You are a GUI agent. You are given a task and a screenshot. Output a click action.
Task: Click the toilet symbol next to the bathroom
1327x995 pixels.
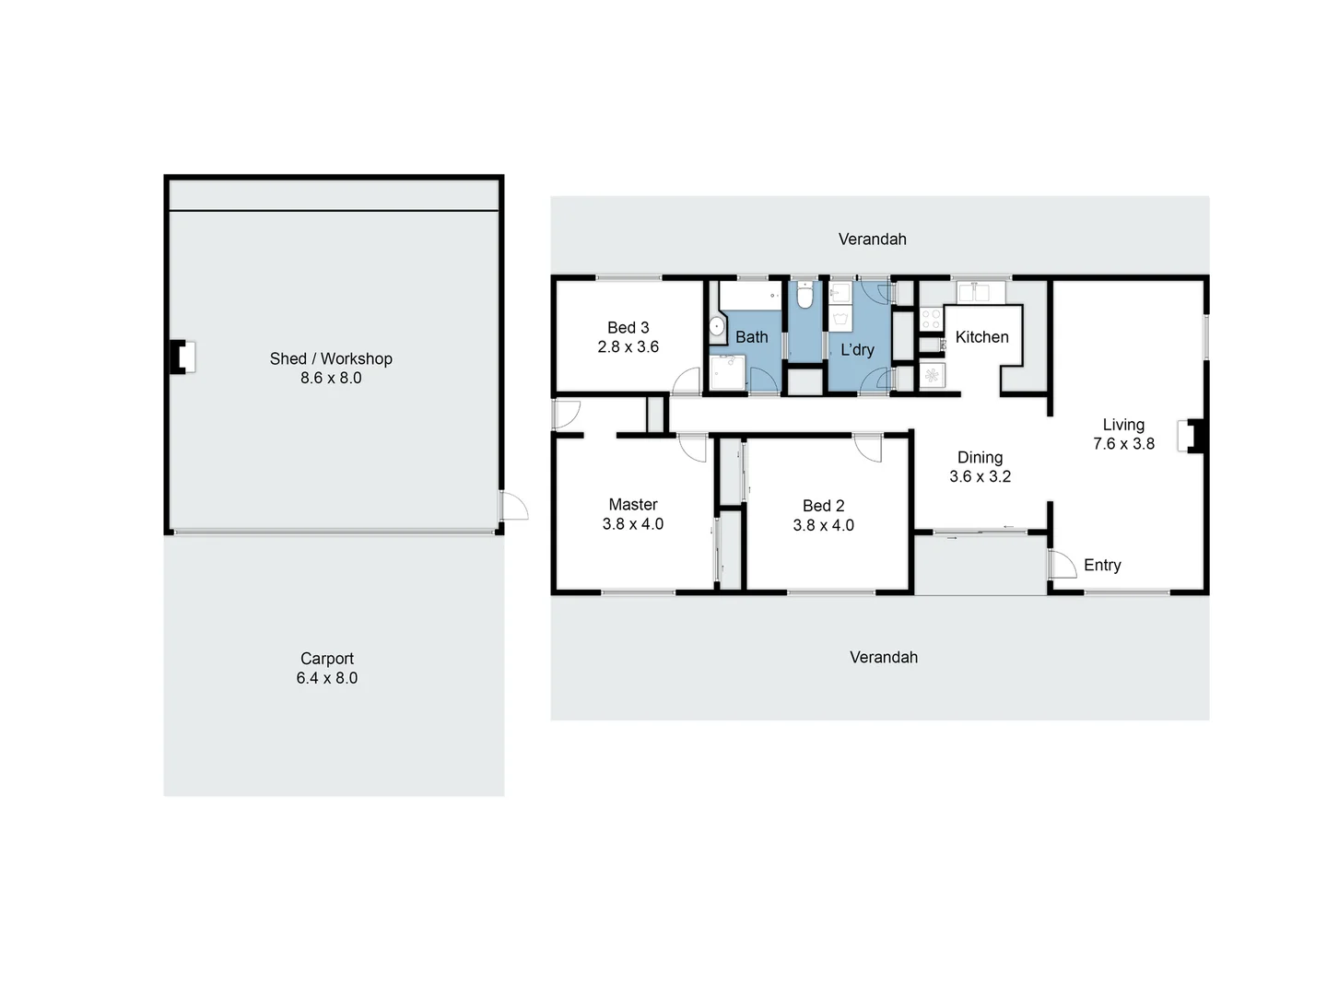(804, 297)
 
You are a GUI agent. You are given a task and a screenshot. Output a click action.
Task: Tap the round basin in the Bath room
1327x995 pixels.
(716, 326)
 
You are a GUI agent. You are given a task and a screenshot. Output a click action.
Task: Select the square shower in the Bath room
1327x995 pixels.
(728, 374)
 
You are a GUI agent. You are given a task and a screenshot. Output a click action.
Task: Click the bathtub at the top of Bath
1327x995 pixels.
(750, 296)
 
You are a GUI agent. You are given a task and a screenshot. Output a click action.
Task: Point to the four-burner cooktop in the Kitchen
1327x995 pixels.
(931, 320)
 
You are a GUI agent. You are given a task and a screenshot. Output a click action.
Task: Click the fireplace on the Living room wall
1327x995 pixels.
(1192, 436)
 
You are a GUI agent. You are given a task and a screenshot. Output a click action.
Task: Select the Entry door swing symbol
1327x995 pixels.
(1061, 564)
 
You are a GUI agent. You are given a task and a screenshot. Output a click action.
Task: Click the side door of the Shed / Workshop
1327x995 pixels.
(513, 507)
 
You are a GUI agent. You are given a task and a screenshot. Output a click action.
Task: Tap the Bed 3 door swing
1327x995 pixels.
(687, 380)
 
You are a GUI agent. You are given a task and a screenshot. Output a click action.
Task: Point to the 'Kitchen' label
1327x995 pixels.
(981, 337)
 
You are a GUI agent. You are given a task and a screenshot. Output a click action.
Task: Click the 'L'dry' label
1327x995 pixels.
(857, 350)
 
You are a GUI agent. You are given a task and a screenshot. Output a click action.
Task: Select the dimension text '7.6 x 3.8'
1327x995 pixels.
(1123, 444)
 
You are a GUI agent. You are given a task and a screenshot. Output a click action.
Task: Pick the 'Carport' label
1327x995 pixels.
(327, 659)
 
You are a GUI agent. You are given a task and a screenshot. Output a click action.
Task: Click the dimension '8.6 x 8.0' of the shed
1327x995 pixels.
(331, 378)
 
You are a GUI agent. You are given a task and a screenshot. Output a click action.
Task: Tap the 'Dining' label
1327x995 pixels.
(980, 458)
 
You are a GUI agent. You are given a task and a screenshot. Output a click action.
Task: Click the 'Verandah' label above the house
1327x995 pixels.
(872, 240)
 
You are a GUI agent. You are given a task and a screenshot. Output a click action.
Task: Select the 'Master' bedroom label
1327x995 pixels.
(633, 505)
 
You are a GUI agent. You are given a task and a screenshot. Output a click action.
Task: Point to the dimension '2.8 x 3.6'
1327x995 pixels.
(628, 347)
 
